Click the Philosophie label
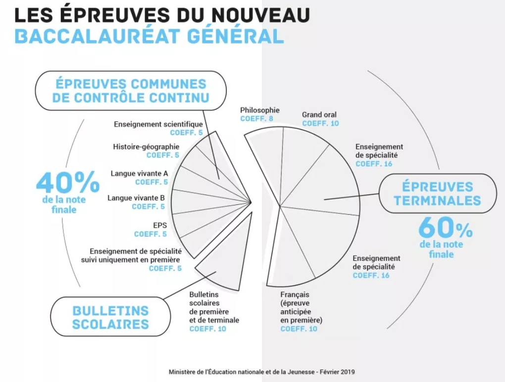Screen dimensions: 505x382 pyautogui.click(x=259, y=110)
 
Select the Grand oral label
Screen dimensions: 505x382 pyautogui.click(x=319, y=115)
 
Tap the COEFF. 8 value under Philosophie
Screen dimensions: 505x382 pyautogui.click(x=256, y=119)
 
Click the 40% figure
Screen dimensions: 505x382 pyautogui.click(x=68, y=182)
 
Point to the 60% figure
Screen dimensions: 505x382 pyautogui.click(x=446, y=228)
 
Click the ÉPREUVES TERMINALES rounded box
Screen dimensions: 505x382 pyautogui.click(x=438, y=193)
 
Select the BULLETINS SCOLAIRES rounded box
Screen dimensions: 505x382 pyautogui.click(x=110, y=317)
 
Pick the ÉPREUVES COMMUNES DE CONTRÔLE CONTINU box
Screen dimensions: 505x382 pyautogui.click(x=131, y=91)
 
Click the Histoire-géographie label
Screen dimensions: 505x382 pyautogui.click(x=146, y=147)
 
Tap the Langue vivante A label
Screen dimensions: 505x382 pyautogui.click(x=139, y=174)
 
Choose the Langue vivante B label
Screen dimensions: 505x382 pyautogui.click(x=136, y=198)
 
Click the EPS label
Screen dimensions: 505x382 pyautogui.click(x=160, y=225)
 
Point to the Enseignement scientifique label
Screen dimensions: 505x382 pyautogui.click(x=158, y=124)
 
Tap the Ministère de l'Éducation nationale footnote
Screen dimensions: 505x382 pyautogui.click(x=261, y=372)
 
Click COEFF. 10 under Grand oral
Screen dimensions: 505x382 pyautogui.click(x=320, y=123)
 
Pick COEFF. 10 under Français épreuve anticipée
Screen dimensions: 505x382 pyautogui.click(x=299, y=329)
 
